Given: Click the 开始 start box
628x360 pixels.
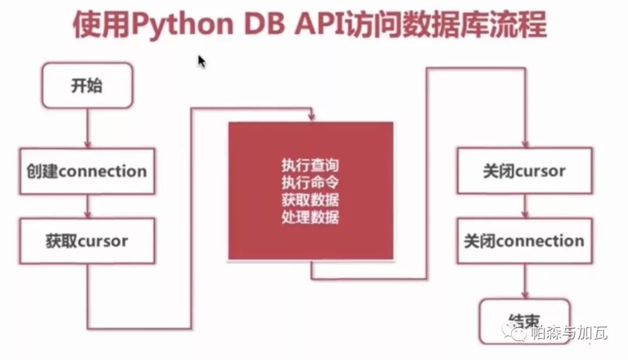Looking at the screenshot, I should (x=87, y=85).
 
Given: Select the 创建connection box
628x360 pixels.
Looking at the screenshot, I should (x=87, y=171).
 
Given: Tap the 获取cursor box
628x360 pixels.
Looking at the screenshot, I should (x=87, y=241).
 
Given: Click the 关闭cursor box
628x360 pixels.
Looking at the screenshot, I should (x=524, y=171).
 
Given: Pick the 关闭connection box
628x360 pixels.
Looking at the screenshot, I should (x=524, y=241).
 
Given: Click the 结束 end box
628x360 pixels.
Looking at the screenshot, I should (x=523, y=320).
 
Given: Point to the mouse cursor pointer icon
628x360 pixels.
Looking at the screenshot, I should (x=201, y=61).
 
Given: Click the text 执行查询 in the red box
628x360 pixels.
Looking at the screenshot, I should (x=310, y=165).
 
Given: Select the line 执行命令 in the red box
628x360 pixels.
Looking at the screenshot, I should (x=310, y=182).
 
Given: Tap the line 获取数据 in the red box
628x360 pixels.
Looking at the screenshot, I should (x=310, y=199).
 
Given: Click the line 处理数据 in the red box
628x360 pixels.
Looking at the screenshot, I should (x=310, y=217).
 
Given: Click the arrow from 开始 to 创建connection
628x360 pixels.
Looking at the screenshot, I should (x=87, y=128).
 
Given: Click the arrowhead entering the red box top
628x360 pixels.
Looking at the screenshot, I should (x=312, y=117).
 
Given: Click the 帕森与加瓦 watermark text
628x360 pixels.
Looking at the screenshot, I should (x=569, y=333).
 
